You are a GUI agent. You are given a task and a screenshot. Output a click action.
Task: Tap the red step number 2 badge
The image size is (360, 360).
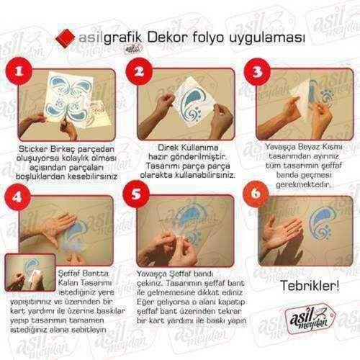click(x=140, y=73)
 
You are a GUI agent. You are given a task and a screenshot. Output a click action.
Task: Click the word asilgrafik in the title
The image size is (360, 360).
click(x=108, y=35)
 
